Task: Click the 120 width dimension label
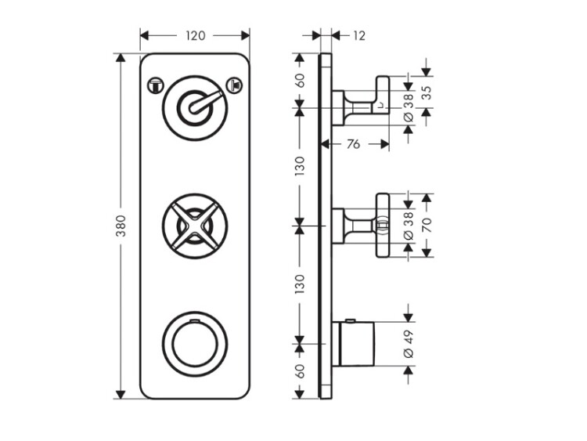[195, 35]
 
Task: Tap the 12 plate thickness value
[359, 35]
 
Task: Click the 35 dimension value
[426, 89]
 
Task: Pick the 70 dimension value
[427, 225]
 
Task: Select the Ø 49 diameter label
[408, 346]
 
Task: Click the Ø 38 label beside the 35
[408, 105]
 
